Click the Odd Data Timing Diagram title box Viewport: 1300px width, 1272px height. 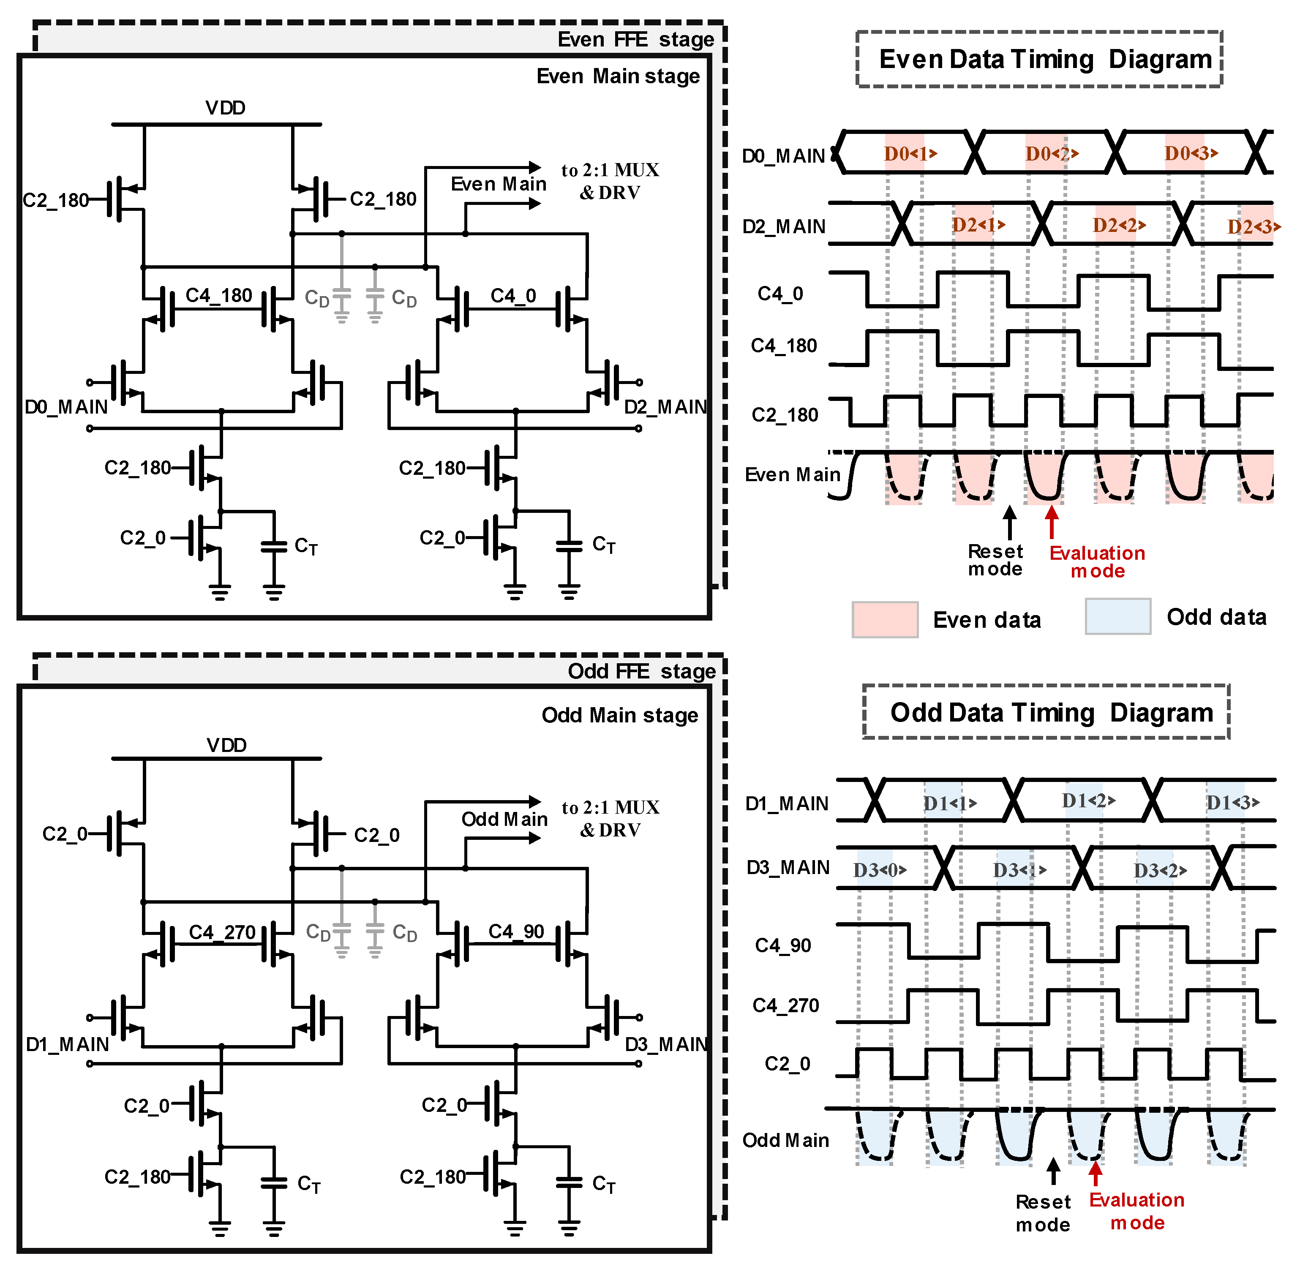(1046, 712)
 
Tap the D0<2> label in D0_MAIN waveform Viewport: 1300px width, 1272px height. (1052, 154)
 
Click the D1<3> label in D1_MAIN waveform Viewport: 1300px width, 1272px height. (1232, 802)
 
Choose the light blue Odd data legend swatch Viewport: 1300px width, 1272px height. (1117, 616)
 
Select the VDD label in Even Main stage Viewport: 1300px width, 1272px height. (225, 108)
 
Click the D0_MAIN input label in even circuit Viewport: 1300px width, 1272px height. (65, 407)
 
